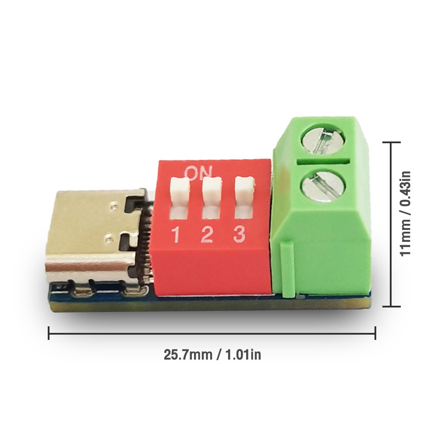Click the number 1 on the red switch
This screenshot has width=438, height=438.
pos(176,236)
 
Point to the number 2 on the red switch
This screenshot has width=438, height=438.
pos(207,235)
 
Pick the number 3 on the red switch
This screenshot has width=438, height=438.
pos(239,234)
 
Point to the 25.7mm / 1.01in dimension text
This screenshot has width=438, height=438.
pos(212,354)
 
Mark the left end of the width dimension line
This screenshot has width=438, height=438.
pos(49,333)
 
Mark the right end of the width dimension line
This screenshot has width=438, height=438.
pos(375,333)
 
